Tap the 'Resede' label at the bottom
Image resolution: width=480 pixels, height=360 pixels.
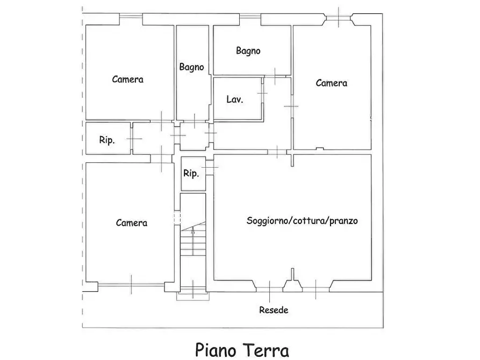click(x=274, y=310)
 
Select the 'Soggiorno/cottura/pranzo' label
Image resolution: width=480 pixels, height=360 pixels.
click(x=302, y=220)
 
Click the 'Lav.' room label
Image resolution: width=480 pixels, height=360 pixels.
click(x=234, y=99)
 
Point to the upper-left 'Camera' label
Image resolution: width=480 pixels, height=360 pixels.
click(x=127, y=79)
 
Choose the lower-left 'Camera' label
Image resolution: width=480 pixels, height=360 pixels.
click(x=132, y=222)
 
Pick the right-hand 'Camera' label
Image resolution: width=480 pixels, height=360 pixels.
click(x=331, y=83)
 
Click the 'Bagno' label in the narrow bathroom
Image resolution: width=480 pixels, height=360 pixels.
click(x=191, y=67)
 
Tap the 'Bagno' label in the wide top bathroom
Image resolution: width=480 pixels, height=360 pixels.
click(x=248, y=51)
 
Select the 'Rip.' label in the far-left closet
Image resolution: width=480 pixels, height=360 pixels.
click(x=106, y=140)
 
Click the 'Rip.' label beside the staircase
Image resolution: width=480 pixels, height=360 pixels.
click(x=191, y=174)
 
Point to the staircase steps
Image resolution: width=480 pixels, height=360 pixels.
click(x=192, y=244)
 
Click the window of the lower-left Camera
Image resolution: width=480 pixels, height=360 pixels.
click(x=131, y=284)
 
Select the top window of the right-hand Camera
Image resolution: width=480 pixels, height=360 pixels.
click(x=338, y=19)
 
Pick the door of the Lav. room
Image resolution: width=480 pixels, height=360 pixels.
click(x=263, y=94)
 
